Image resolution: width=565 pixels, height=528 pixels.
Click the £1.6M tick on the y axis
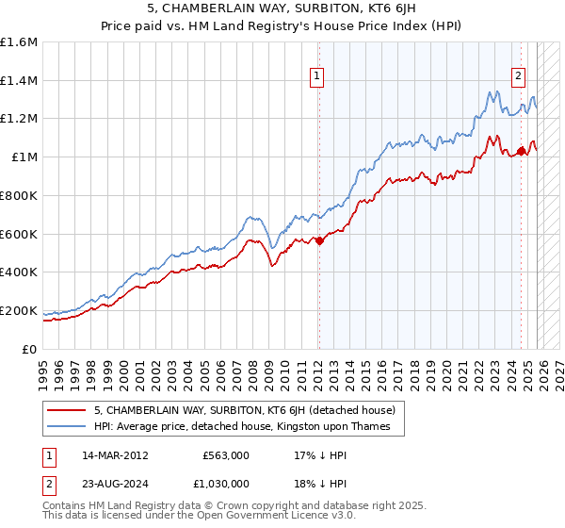pyautogui.click(x=19, y=42)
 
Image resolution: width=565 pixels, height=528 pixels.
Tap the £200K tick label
pyautogui.click(x=19, y=310)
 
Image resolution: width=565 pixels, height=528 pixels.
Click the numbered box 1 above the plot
pyautogui.click(x=318, y=78)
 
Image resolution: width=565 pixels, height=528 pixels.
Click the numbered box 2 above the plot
pyautogui.click(x=519, y=78)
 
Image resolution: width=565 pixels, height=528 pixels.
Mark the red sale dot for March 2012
pyautogui.click(x=319, y=240)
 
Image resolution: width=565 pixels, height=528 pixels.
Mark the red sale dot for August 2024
pyautogui.click(x=521, y=151)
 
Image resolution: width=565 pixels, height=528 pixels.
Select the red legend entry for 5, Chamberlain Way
pyautogui.click(x=250, y=411)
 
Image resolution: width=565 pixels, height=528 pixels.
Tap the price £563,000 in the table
pyautogui.click(x=225, y=454)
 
